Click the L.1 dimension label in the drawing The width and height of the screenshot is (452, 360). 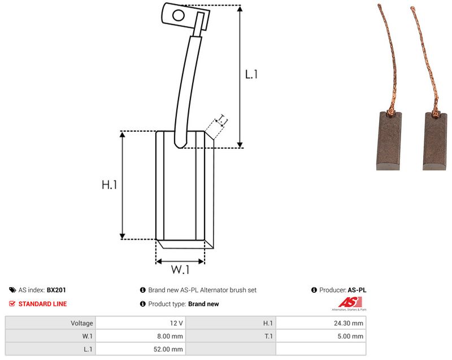(x=251, y=75)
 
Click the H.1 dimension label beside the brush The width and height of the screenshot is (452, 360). (x=110, y=184)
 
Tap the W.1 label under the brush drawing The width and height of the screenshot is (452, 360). (x=180, y=270)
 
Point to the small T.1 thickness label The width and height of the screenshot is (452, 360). (x=222, y=120)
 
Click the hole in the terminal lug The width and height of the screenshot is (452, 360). (x=179, y=15)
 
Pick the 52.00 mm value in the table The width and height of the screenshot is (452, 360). (x=168, y=349)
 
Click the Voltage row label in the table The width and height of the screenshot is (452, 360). (x=82, y=323)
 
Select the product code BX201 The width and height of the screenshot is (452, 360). (x=56, y=290)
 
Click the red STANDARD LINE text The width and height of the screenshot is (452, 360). (x=43, y=304)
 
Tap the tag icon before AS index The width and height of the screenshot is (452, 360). (x=12, y=290)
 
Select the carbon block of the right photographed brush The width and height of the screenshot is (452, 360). (x=435, y=141)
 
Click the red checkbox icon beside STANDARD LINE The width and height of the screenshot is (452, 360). (x=12, y=304)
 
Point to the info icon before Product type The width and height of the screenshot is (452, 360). (x=143, y=304)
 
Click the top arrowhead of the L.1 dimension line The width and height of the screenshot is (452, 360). (x=240, y=8)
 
